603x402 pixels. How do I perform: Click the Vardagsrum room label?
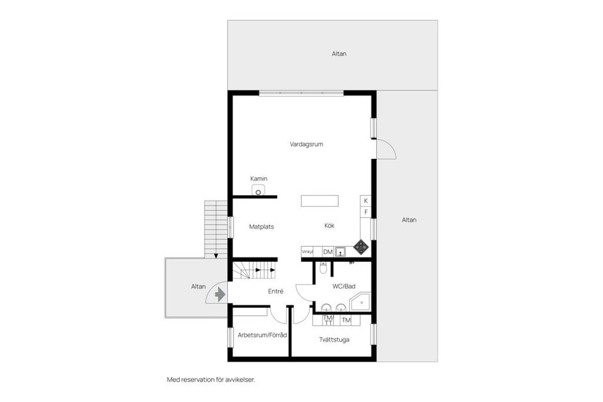pos(306,144)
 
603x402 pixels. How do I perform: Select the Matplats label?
pos(261,226)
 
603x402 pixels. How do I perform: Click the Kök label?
pos(330,225)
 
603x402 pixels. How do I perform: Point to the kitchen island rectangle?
pos(319,200)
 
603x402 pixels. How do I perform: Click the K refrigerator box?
pos(366,200)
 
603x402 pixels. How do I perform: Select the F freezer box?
pos(366,212)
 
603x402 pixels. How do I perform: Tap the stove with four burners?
pos(361,247)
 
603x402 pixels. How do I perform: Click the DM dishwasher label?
pos(327,252)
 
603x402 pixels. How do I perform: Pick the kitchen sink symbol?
pos(340,252)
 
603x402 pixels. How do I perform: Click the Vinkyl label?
pos(307,252)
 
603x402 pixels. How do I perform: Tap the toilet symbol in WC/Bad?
pos(323,268)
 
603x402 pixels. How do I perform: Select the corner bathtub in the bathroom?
pos(361,303)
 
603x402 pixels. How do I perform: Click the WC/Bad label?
pos(344,286)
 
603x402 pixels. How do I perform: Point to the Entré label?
pos(275,291)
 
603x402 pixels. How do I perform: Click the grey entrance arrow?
pos(219,293)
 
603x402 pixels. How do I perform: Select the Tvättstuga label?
pos(334,339)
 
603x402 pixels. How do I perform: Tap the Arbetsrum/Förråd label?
pos(262,335)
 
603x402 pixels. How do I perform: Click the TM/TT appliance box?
pos(327,320)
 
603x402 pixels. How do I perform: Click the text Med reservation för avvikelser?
pos(211,379)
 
